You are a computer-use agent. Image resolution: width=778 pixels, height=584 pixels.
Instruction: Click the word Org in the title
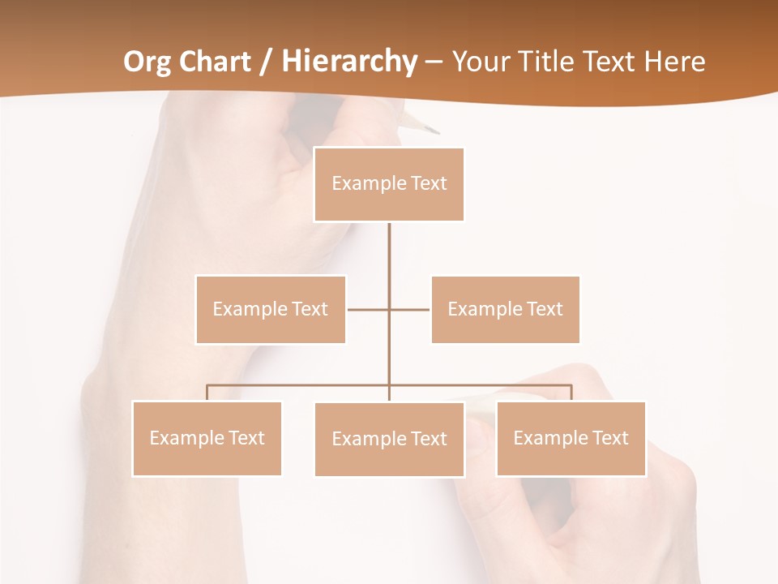click(148, 62)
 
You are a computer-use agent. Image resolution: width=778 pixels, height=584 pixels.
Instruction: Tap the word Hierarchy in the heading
click(349, 62)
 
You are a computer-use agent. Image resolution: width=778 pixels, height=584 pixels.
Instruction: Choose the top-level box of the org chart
click(389, 184)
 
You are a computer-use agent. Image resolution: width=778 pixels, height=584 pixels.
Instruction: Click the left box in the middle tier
click(271, 309)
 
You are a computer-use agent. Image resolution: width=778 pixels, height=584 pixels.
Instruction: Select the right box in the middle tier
click(505, 309)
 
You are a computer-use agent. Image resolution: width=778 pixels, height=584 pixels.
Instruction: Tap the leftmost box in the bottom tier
click(207, 438)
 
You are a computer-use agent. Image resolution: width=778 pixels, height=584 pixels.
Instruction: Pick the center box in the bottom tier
click(389, 439)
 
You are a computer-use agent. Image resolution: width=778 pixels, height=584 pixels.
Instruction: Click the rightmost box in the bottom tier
click(571, 438)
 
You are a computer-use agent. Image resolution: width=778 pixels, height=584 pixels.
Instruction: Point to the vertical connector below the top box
click(389, 260)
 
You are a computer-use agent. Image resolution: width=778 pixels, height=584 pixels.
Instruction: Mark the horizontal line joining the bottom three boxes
click(300, 385)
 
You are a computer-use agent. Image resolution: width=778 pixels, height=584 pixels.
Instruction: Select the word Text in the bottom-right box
click(610, 438)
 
